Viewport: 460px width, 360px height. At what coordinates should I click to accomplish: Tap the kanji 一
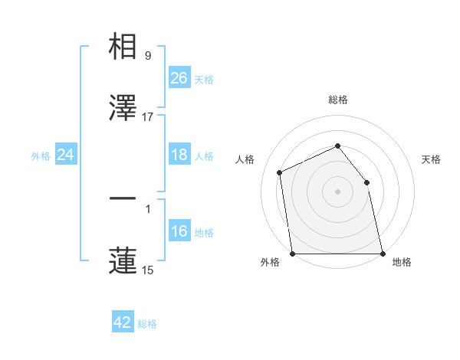coord(123,199)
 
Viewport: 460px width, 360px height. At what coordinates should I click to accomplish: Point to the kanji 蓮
coord(123,260)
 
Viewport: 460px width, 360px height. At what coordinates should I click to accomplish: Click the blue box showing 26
coord(179,77)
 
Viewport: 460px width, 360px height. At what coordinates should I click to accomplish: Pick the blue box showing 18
coord(179,155)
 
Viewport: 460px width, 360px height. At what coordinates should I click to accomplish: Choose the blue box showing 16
coord(179,231)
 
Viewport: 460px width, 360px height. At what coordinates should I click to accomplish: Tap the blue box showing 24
coord(66,155)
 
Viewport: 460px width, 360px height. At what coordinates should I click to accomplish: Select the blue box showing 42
coord(123,322)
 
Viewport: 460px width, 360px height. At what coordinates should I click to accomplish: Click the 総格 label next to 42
coord(147,324)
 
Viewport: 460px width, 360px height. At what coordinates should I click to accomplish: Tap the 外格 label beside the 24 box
coord(41,156)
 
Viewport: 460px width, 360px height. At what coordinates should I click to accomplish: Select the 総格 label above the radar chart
coord(337,100)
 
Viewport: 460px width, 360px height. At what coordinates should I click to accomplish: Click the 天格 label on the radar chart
coord(432,159)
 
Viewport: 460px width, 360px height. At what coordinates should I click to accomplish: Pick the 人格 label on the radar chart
coord(245,159)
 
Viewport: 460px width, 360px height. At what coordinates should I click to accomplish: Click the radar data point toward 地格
coord(382,254)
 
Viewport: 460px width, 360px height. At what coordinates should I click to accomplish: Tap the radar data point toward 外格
coord(293,254)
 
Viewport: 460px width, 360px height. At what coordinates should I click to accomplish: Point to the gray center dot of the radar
coord(337,191)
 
